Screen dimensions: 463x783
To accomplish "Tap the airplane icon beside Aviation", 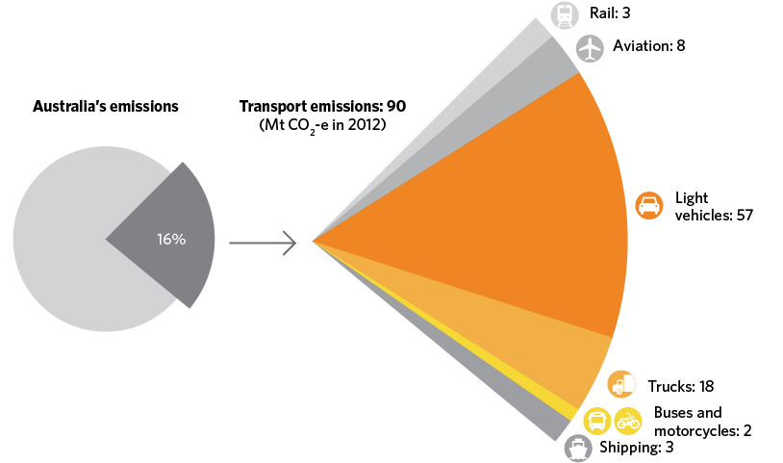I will click(589, 47).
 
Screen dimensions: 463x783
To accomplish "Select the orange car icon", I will click(650, 204).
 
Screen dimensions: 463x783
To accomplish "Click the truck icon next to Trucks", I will click(620, 384).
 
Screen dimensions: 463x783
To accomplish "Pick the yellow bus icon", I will click(596, 421).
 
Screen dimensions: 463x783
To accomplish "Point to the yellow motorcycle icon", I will click(627, 421).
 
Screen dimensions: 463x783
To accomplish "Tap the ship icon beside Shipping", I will click(577, 448).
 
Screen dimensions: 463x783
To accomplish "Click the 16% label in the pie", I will click(171, 239).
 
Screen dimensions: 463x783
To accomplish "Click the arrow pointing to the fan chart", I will click(262, 243).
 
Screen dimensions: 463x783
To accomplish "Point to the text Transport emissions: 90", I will click(312, 105).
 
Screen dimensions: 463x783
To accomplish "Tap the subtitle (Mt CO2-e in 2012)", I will click(312, 124).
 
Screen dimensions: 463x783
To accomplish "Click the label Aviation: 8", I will click(648, 45).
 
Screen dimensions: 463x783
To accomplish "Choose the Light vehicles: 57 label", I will click(713, 206).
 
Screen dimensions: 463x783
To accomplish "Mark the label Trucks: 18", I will click(680, 386).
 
